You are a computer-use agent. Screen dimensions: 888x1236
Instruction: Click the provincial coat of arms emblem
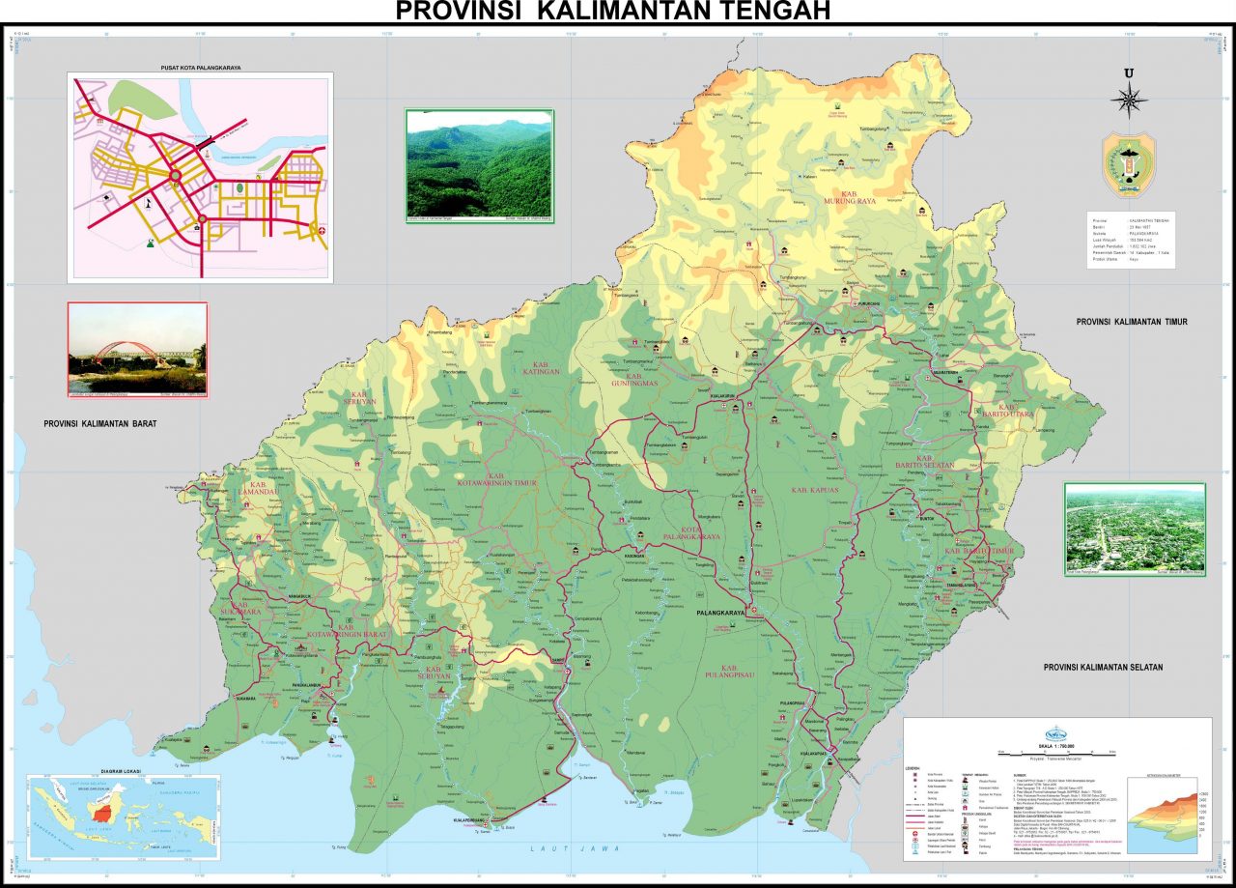(x=1128, y=165)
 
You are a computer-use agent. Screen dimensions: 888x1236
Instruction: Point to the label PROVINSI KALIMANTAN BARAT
(x=99, y=423)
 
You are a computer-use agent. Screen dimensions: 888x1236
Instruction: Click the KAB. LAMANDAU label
(x=263, y=489)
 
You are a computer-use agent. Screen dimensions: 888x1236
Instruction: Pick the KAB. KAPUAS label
(x=812, y=490)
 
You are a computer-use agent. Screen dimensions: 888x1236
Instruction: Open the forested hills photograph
(x=479, y=163)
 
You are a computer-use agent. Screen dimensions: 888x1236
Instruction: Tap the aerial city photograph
(x=1135, y=529)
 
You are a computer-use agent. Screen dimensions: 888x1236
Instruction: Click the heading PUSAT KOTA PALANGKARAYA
(x=200, y=68)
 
